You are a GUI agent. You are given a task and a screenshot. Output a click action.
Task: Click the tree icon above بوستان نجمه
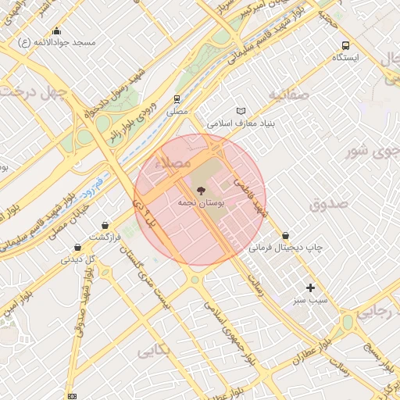[201, 190]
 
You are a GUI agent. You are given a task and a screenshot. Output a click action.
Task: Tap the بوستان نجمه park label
[201, 202]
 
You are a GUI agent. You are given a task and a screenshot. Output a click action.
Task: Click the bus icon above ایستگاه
[345, 45]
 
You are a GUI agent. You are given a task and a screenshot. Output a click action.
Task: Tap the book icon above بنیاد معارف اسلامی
[241, 111]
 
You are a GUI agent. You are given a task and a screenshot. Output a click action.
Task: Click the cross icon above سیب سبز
[311, 287]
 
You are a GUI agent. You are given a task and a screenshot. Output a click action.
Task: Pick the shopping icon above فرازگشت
[104, 225]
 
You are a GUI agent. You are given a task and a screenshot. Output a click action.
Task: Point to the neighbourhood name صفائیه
[289, 94]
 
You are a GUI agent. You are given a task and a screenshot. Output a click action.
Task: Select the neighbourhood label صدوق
[327, 205]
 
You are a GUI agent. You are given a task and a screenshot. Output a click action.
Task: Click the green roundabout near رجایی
[348, 322]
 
